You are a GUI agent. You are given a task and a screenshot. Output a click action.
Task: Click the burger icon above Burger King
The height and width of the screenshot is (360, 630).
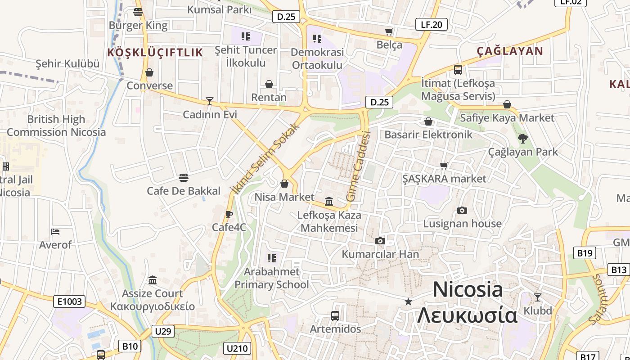138,12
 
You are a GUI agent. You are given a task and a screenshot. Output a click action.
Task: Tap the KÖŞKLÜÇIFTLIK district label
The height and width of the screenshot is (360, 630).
155,53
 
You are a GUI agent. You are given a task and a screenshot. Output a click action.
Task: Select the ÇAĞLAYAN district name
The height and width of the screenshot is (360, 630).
510,51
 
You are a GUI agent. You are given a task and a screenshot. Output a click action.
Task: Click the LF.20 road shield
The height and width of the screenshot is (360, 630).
431,24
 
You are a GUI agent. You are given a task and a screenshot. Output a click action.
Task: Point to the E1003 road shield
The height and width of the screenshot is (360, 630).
69,301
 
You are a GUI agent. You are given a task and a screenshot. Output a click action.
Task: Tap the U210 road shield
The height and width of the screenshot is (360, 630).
237,348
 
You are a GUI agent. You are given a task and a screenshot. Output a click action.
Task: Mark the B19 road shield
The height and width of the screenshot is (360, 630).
585,253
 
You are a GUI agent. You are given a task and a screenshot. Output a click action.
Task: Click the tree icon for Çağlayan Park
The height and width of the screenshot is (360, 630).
522,139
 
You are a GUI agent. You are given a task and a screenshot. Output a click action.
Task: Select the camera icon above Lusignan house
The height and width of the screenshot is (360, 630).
462,210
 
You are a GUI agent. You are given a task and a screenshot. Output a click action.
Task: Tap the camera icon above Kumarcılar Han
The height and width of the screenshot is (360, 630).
380,241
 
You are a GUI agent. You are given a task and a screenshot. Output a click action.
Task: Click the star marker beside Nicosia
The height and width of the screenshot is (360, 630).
408,301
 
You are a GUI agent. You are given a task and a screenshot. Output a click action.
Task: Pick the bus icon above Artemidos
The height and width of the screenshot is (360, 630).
335,315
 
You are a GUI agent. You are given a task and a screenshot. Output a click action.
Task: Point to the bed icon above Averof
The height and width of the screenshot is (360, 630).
55,232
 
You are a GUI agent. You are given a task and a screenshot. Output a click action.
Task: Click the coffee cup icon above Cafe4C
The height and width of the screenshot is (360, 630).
229,214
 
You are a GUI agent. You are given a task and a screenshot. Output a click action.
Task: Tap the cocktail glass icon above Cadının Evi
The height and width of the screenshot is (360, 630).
209,101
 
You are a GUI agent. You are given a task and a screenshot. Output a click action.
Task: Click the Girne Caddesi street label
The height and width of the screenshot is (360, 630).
358,166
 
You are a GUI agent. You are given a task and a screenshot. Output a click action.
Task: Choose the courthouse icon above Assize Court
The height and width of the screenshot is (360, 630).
153,280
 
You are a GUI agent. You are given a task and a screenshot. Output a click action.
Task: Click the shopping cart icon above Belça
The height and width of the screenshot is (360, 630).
389,31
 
